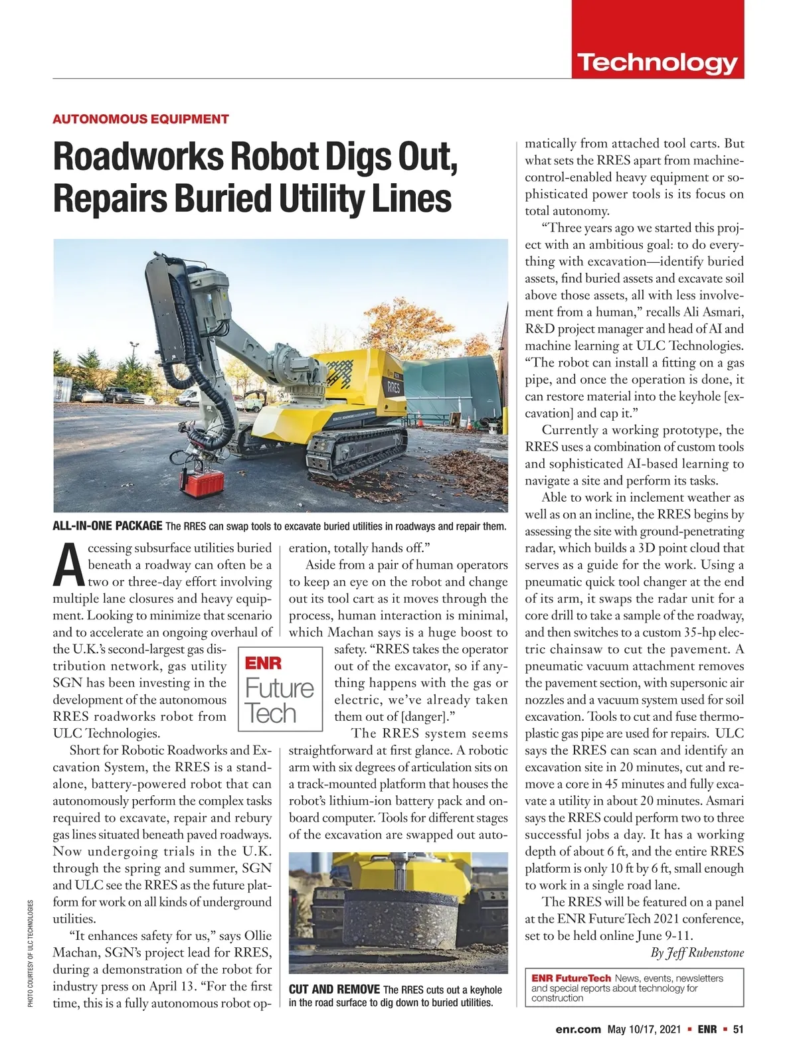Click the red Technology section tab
click(x=658, y=62)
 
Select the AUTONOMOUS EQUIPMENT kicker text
click(x=141, y=119)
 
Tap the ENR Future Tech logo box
click(x=280, y=690)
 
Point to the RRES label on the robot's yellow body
click(x=394, y=387)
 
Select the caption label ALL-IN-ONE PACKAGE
click(x=108, y=526)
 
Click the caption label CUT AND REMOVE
click(x=334, y=990)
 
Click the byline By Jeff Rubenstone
click(x=697, y=953)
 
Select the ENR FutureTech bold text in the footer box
click(x=571, y=978)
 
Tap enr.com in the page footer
click(x=578, y=1029)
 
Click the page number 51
click(x=739, y=1029)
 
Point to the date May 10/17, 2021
click(x=644, y=1029)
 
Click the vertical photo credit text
click(x=31, y=953)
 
